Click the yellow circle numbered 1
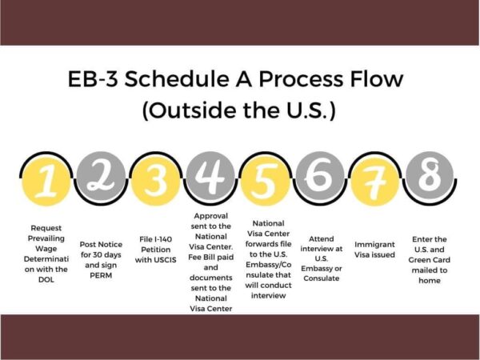click(46, 182)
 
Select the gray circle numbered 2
click(101, 176)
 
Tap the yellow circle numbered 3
click(155, 182)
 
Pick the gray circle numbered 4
click(210, 176)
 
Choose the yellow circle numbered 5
click(265, 182)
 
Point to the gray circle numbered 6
click(320, 176)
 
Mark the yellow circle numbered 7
click(374, 182)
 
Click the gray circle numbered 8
click(430, 176)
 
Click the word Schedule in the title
click(177, 78)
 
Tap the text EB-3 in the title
click(93, 79)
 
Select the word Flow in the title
click(377, 78)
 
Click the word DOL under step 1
click(46, 279)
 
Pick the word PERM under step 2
click(101, 275)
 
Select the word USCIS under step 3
click(165, 260)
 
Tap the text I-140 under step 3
click(164, 239)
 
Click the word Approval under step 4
click(211, 216)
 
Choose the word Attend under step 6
click(321, 238)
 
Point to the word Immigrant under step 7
click(374, 245)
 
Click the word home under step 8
click(430, 281)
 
